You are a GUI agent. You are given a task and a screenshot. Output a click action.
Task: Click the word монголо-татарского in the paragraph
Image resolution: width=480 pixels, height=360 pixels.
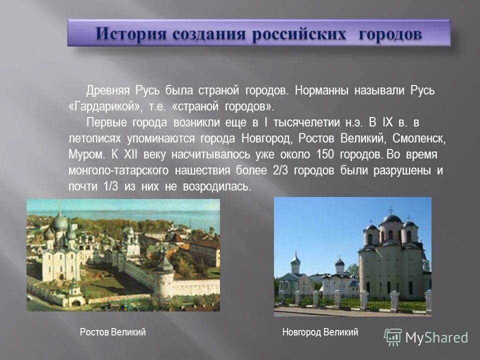click(118, 170)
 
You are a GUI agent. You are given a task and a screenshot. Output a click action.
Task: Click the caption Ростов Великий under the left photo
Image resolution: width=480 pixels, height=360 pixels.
click(112, 332)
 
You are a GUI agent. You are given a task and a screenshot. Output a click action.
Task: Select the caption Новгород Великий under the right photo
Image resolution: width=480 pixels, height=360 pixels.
click(320, 332)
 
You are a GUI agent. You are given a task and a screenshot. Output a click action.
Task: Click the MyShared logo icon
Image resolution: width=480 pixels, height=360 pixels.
click(393, 337)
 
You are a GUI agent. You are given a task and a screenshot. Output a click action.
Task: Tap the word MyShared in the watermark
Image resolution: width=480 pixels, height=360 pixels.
click(436, 337)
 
